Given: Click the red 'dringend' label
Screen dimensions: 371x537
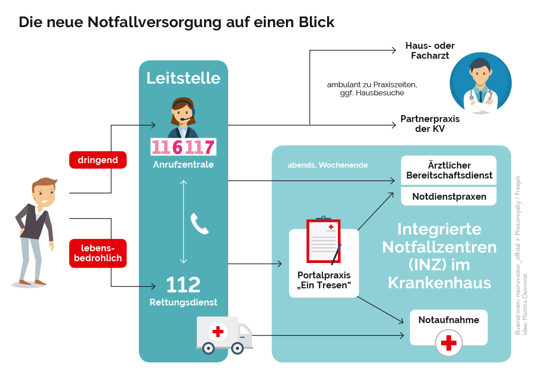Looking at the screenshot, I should pyautogui.click(x=98, y=160).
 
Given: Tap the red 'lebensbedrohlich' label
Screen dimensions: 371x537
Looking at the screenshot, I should pyautogui.click(x=98, y=253).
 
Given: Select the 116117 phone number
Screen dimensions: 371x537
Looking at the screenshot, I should pyautogui.click(x=183, y=147).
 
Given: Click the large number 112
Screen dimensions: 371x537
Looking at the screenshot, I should pyautogui.click(x=183, y=285).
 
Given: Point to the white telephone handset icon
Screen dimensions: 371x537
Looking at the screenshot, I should pyautogui.click(x=199, y=224).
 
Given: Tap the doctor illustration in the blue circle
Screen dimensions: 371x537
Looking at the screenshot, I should pyautogui.click(x=480, y=84).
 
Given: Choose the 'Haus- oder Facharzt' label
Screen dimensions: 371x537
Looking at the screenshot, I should pyautogui.click(x=430, y=51).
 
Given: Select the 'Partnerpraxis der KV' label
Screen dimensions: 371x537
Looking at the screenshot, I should pyautogui.click(x=430, y=124).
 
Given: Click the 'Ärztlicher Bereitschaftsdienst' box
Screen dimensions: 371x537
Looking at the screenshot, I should pyautogui.click(x=449, y=170).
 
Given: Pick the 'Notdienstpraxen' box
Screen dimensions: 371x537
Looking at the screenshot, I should pyautogui.click(x=449, y=197).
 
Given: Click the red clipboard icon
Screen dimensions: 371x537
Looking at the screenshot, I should pyautogui.click(x=323, y=240).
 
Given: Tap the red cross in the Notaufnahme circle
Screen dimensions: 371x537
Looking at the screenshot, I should pyautogui.click(x=448, y=342).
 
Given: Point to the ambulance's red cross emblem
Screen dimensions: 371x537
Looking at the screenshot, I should pyautogui.click(x=218, y=332).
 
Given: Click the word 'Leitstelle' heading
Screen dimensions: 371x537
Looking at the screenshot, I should pyautogui.click(x=183, y=78).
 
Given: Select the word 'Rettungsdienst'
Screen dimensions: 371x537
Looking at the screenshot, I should pyautogui.click(x=183, y=302).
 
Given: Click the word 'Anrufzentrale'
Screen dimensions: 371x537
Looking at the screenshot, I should pyautogui.click(x=183, y=165).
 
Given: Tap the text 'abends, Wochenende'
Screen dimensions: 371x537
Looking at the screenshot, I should pyautogui.click(x=328, y=165).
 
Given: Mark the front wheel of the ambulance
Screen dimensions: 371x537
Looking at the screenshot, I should pyautogui.click(x=238, y=348).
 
